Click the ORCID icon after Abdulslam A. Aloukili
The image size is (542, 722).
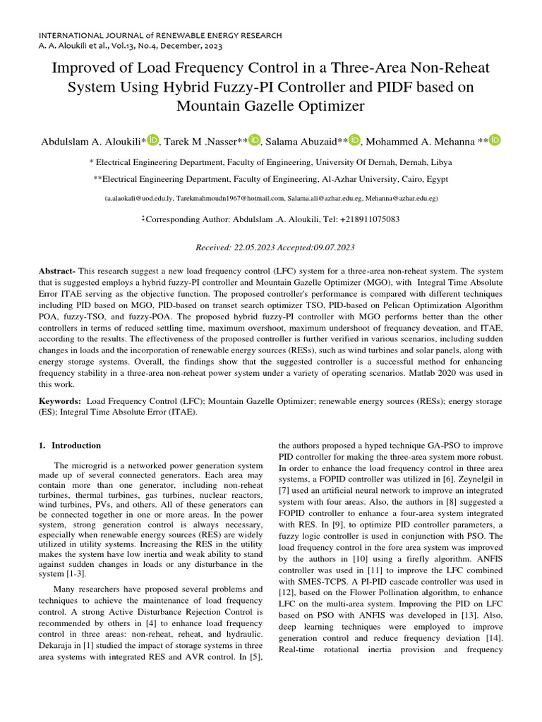coord(153,140)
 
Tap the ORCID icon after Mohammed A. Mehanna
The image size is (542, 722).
coord(495,140)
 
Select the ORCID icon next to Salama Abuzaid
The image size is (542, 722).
coord(354,140)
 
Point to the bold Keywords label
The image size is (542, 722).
coord(60,400)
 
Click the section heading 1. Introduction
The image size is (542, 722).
coord(70,446)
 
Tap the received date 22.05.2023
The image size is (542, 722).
coord(251,247)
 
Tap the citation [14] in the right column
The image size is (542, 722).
coord(492,638)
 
